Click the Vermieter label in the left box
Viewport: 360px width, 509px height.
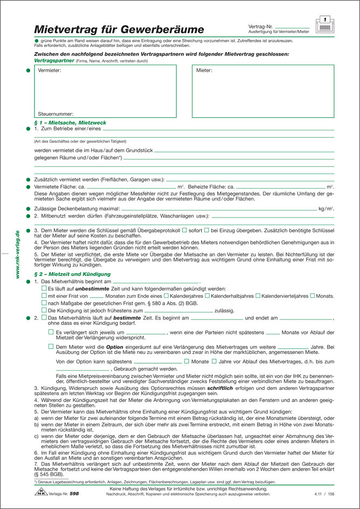(x=50, y=71)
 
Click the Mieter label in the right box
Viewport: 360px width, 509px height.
(x=204, y=71)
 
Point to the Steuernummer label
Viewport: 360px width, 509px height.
(x=56, y=114)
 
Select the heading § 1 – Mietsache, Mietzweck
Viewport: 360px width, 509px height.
(x=70, y=123)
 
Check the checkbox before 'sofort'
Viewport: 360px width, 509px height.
(x=184, y=231)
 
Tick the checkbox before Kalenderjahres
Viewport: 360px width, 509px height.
(x=166, y=296)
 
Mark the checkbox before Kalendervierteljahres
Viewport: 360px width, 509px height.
(x=257, y=296)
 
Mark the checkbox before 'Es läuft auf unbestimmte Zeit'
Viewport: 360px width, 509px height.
(x=44, y=289)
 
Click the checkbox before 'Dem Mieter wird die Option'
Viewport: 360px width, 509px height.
(x=51, y=347)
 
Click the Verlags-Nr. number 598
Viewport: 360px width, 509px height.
(x=74, y=493)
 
